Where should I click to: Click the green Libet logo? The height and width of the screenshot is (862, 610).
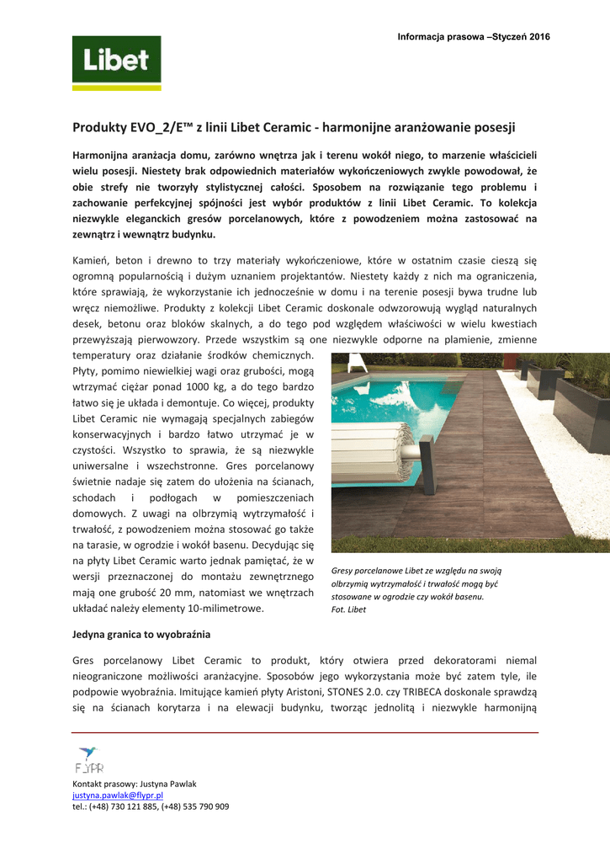click(x=116, y=62)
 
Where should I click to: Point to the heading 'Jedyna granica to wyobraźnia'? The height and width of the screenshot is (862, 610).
click(x=141, y=634)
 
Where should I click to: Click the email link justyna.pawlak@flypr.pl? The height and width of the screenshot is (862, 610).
click(x=118, y=795)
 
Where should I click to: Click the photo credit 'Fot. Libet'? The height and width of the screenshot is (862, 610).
click(x=349, y=609)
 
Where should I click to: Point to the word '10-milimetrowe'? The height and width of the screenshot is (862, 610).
click(x=225, y=608)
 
